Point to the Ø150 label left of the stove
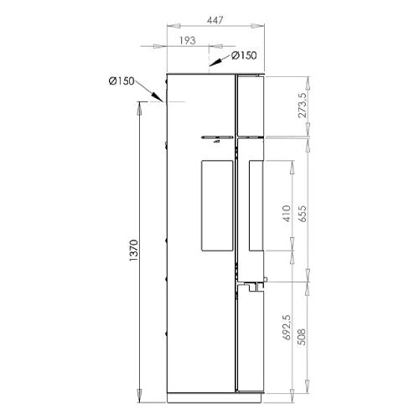tap(122, 81)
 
